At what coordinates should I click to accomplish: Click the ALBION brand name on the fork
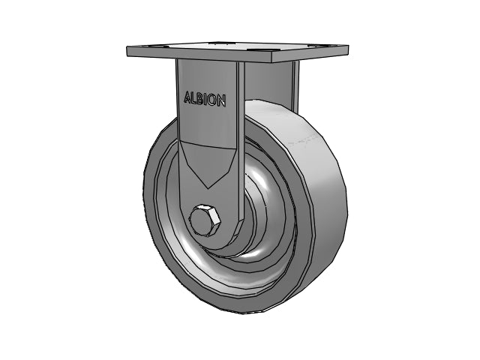[x=205, y=99]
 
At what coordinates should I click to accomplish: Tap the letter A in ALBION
[x=187, y=97]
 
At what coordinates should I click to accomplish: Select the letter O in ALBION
[x=213, y=100]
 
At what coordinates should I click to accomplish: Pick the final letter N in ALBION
[x=222, y=100]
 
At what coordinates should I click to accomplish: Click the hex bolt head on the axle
[x=205, y=220]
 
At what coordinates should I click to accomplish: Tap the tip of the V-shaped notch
[x=208, y=188]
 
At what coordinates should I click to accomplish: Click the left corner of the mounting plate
[x=127, y=46]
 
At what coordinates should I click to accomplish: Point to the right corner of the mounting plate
[x=348, y=46]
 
